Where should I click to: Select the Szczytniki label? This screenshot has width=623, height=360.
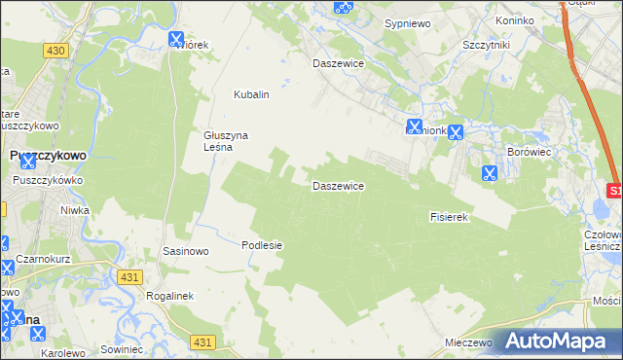(488, 45)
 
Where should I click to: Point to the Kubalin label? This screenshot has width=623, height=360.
(250, 94)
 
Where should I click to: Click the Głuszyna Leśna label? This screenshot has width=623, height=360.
(221, 141)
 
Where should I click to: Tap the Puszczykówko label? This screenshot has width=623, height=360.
(48, 180)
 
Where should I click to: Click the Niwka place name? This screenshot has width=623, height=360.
(75, 209)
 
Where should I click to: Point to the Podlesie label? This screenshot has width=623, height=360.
(261, 245)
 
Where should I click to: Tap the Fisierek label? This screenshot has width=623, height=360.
(450, 217)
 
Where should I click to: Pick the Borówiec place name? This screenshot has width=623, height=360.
(531, 153)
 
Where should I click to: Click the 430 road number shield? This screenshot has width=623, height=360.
(55, 50)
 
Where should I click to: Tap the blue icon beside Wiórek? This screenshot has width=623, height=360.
(176, 40)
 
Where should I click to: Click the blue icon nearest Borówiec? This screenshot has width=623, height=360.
(490, 173)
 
